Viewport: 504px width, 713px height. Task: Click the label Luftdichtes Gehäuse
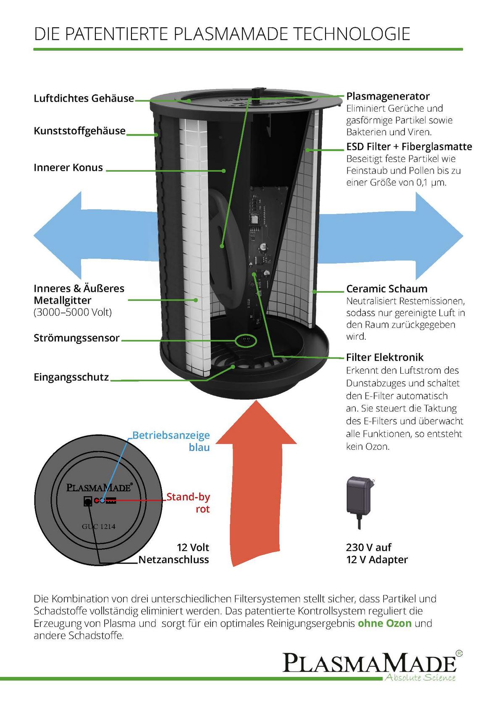(x=84, y=98)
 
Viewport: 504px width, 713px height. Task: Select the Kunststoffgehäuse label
(x=79, y=131)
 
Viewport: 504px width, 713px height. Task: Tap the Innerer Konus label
(x=68, y=168)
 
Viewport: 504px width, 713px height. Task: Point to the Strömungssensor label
(x=76, y=338)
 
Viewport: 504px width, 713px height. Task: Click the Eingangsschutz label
(x=71, y=377)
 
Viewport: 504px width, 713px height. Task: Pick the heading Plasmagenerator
(x=388, y=96)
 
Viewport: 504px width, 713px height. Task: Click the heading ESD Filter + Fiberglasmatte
(x=409, y=147)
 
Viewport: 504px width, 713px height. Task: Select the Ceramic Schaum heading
(x=386, y=289)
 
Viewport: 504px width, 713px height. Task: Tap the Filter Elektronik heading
(x=385, y=357)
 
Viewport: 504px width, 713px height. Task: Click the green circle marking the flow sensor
(x=245, y=341)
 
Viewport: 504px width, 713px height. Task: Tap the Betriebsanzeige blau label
(x=171, y=441)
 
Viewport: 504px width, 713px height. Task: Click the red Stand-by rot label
(x=188, y=503)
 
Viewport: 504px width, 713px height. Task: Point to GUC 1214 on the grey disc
(x=99, y=527)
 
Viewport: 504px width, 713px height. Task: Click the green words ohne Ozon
(x=384, y=623)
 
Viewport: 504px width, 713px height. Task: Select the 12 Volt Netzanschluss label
(x=173, y=553)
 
